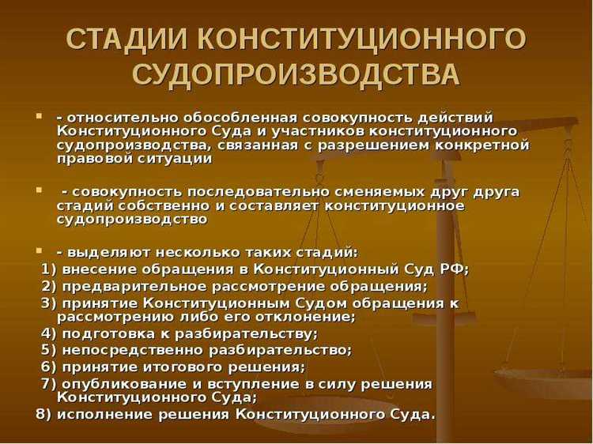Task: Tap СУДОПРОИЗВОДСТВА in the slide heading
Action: (x=296, y=75)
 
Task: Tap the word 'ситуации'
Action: (x=177, y=158)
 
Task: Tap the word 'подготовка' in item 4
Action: (x=104, y=333)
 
